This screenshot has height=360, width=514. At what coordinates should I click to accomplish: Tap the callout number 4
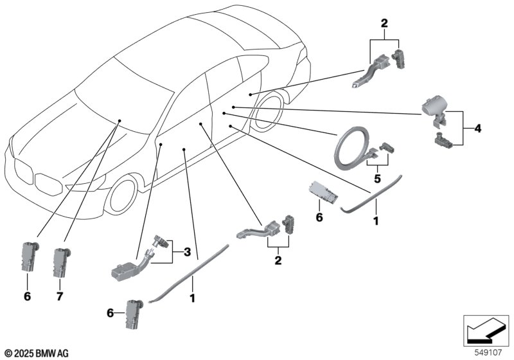(x=477, y=129)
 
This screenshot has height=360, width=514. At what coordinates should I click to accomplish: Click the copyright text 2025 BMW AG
(x=37, y=353)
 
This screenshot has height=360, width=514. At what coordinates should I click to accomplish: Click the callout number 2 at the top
(x=384, y=24)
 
